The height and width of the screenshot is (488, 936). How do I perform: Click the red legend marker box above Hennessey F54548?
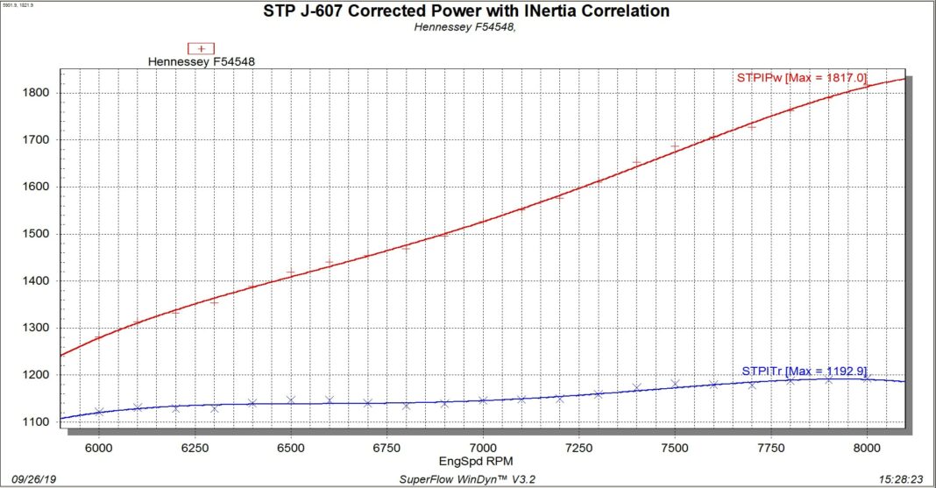click(x=202, y=48)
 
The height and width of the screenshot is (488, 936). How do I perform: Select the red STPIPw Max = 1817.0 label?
click(x=801, y=79)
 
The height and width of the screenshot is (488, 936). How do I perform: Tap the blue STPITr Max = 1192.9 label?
click(x=805, y=371)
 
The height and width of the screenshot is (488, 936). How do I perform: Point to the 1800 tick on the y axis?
click(x=39, y=93)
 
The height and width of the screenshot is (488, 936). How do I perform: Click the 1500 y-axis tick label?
click(x=39, y=234)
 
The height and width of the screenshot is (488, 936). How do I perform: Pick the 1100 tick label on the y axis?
click(x=39, y=422)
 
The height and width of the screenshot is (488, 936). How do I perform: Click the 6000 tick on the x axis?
click(x=99, y=447)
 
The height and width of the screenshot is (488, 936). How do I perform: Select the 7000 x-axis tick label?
click(x=483, y=447)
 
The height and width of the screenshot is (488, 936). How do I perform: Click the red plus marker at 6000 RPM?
click(x=99, y=337)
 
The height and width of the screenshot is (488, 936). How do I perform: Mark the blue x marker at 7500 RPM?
click(x=675, y=383)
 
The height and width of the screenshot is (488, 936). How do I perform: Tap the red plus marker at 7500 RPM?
click(x=675, y=146)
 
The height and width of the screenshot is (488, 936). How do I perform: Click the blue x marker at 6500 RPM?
click(x=291, y=400)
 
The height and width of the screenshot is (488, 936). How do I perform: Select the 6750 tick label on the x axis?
click(x=386, y=447)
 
